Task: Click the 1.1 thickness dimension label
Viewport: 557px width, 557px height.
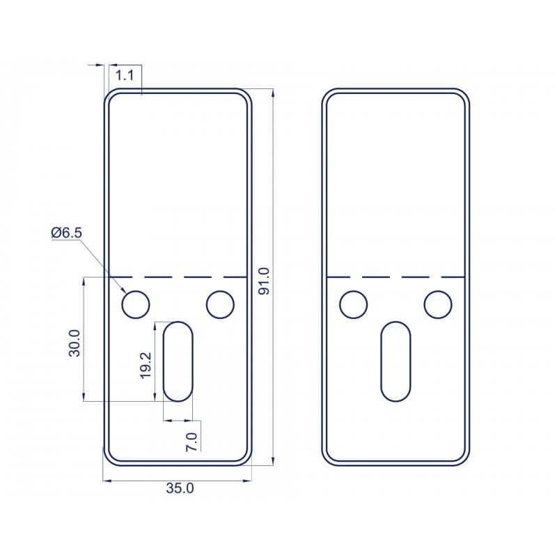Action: [125, 75]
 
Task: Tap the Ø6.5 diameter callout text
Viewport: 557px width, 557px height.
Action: [66, 233]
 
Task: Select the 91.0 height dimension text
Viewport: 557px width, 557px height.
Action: [264, 281]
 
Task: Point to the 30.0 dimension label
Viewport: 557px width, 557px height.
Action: [74, 343]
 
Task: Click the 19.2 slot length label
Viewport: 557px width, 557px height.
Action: [146, 366]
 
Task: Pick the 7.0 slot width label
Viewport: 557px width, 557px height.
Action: [191, 441]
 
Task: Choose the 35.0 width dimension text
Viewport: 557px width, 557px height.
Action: [180, 489]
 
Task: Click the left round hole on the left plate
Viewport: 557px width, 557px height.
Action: [136, 304]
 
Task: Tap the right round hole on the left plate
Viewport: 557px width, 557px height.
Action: [220, 304]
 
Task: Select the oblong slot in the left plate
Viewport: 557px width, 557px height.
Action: [178, 361]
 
